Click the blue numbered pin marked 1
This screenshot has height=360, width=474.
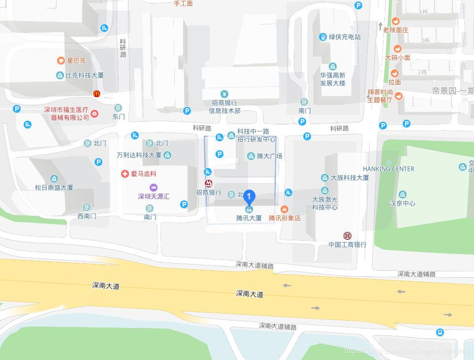pyautogui.click(x=250, y=197)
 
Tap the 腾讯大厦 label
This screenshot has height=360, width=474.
pyautogui.click(x=249, y=218)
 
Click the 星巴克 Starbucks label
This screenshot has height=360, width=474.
pyautogui.click(x=76, y=61)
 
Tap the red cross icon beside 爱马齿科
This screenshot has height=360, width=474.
pyautogui.click(x=125, y=173)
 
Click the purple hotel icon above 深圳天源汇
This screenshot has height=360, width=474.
pyautogui.click(x=154, y=187)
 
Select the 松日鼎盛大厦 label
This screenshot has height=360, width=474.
pyautogui.click(x=54, y=187)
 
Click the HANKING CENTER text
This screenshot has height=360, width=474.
pyautogui.click(x=388, y=169)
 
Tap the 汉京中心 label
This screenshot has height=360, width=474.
pyautogui.click(x=402, y=203)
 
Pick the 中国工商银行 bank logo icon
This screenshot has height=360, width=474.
pyautogui.click(x=348, y=236)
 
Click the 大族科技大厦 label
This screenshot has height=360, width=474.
pyautogui.click(x=350, y=178)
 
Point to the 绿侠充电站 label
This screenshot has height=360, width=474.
pyautogui.click(x=345, y=37)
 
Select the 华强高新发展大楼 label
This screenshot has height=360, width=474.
pyautogui.click(x=333, y=79)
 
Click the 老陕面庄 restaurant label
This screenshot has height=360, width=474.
pyautogui.click(x=396, y=30)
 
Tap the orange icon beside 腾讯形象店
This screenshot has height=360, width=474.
pyautogui.click(x=284, y=209)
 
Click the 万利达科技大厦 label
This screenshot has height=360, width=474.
pyautogui.click(x=139, y=155)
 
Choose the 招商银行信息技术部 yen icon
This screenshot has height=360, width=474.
pyautogui.click(x=224, y=94)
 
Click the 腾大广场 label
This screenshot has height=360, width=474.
pyautogui.click(x=270, y=156)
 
